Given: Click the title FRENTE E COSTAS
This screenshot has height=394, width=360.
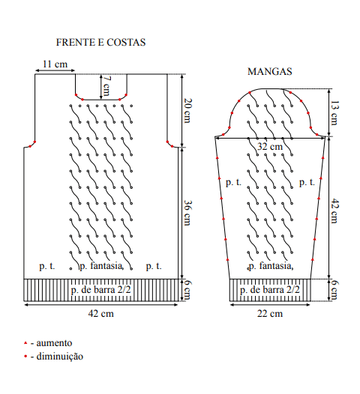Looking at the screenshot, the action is [100, 42].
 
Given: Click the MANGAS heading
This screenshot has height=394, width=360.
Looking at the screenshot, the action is [270, 72].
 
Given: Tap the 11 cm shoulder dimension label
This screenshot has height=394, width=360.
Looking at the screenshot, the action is [55, 64].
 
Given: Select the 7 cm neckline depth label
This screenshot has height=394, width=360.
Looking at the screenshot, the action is [106, 86].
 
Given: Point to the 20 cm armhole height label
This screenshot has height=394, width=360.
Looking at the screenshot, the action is [187, 111].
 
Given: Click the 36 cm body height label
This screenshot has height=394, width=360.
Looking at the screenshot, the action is [187, 213].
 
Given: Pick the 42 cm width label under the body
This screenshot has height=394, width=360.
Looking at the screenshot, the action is [101, 314].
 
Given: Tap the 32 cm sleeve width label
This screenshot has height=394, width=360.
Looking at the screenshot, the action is [270, 147].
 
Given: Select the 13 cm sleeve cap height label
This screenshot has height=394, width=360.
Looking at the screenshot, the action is [334, 113].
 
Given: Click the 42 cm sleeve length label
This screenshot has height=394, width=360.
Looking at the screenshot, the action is [334, 210].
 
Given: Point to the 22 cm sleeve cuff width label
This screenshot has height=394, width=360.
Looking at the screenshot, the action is [270, 314].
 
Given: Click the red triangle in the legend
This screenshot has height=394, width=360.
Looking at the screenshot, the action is [25, 343].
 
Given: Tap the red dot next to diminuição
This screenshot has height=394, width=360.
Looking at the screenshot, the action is [25, 356].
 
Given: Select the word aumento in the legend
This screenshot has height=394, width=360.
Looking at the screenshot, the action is [54, 343].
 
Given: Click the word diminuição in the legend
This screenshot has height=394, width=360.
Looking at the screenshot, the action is [59, 357].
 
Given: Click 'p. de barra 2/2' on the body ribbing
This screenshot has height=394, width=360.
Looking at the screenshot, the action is [101, 290].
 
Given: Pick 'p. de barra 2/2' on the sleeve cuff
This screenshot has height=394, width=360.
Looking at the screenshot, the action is [270, 290].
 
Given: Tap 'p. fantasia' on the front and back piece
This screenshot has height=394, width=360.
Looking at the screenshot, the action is [101, 266].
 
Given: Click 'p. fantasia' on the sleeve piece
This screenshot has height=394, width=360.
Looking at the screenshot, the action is [271, 266].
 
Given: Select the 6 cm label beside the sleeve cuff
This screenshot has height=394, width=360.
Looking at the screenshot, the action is [334, 290].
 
